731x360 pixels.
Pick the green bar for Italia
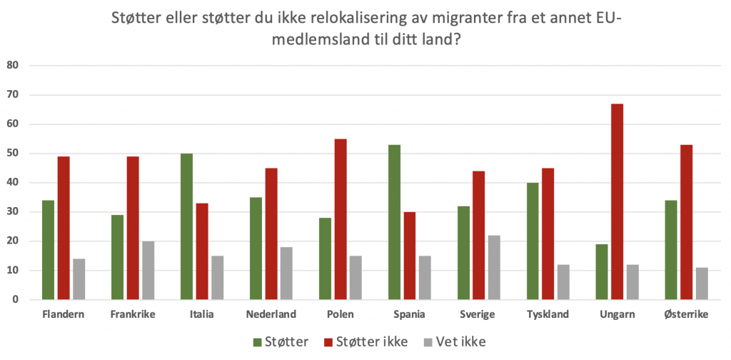point(186,226)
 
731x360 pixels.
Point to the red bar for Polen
point(341,219)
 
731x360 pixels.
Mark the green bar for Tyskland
point(533,241)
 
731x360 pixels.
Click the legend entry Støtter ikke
point(366,342)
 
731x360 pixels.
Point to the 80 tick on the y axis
point(13,66)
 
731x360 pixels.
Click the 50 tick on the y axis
point(13,154)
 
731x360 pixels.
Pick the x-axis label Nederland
point(272,315)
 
